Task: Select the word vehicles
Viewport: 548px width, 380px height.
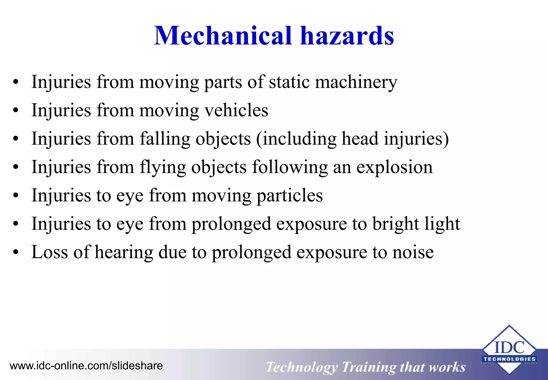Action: (236, 110)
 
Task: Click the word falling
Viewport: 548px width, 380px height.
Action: (165, 139)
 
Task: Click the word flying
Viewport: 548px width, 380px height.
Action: (163, 167)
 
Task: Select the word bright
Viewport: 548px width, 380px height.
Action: (396, 224)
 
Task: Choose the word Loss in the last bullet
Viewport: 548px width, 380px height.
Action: (50, 252)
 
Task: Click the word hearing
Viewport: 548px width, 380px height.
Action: (124, 252)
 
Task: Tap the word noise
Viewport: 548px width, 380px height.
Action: (413, 252)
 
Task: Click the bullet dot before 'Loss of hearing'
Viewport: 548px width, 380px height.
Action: (16, 252)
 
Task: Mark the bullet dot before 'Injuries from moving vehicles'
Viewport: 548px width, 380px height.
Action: (16, 110)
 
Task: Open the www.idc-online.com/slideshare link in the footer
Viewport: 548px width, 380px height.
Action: (86, 366)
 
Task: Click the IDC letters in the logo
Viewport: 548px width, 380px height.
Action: (509, 348)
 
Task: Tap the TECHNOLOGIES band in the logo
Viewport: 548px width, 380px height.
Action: (509, 359)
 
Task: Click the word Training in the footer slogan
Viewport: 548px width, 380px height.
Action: (368, 367)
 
